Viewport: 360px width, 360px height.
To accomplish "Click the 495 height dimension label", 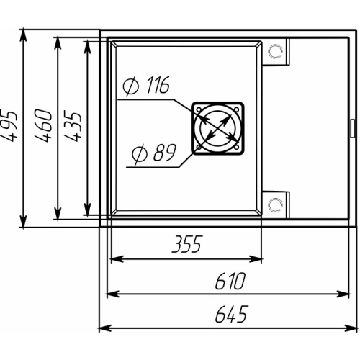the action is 9,125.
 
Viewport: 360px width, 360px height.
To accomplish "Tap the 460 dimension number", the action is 43,125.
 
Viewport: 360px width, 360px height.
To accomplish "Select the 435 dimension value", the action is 73,126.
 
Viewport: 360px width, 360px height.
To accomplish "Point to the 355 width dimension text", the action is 187,244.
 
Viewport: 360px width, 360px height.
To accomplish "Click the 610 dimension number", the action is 230,281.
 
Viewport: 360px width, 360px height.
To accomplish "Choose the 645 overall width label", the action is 231,314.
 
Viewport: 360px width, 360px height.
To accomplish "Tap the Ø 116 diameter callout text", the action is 146,85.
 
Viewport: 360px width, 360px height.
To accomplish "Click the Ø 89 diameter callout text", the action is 154,153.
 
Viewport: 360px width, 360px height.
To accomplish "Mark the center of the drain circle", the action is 217,128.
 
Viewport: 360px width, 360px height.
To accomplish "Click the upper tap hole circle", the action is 275,51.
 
